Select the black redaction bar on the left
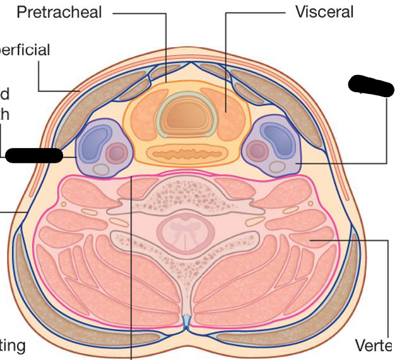click(x=35, y=154)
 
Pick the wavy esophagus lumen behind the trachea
click(x=180, y=153)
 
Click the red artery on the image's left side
click(x=115, y=152)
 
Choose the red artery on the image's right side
click(x=257, y=150)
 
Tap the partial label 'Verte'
click(x=374, y=345)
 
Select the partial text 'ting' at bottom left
click(x=13, y=345)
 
